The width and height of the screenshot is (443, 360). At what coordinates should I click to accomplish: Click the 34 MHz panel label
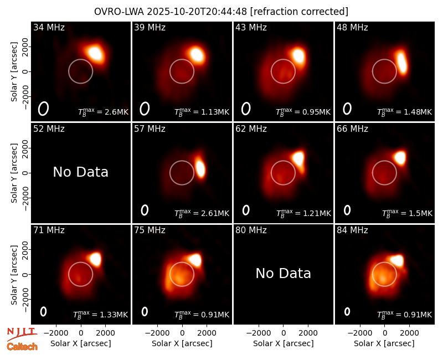[x=49, y=27]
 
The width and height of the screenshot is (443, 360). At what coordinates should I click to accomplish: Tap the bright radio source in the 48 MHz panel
[x=402, y=62]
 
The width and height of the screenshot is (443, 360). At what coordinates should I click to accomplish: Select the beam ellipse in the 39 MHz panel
[x=145, y=109]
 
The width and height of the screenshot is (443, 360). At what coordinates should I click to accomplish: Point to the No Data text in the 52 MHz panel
[x=80, y=172]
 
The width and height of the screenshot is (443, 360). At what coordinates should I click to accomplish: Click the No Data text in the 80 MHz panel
[x=283, y=273]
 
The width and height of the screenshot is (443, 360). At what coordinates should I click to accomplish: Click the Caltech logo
[x=22, y=347]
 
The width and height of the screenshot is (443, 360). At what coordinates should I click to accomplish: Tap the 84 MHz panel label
[x=352, y=230]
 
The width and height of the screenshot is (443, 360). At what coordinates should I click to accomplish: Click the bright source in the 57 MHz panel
[x=200, y=168]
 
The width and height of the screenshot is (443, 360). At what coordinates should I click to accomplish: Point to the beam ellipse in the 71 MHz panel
[x=43, y=311]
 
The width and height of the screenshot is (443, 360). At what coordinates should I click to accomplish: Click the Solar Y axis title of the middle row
[x=14, y=173]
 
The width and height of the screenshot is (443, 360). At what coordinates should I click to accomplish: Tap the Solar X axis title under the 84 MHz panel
[x=384, y=343]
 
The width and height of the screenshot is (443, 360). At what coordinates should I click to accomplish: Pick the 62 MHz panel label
[x=251, y=129]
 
